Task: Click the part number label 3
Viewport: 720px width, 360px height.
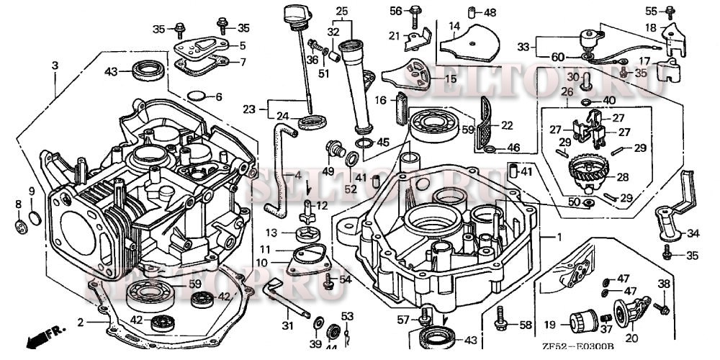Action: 54,66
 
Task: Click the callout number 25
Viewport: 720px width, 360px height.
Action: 341,11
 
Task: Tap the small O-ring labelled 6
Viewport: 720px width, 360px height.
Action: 195,96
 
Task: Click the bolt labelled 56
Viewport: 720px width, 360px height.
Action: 416,12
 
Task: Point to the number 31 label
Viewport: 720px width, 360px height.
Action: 288,326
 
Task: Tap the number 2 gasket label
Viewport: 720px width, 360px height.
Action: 80,321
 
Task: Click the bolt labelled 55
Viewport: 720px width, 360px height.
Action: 669,11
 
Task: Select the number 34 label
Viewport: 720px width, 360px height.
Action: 693,233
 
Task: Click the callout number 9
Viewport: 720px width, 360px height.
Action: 31,190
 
